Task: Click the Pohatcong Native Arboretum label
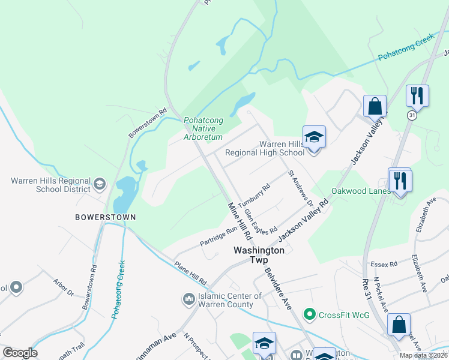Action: [x=203, y=128]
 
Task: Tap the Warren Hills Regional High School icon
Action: [x=313, y=137]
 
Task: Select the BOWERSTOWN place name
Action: [x=106, y=217]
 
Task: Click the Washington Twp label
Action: [x=259, y=250]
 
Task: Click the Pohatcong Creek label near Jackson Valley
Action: [x=405, y=49]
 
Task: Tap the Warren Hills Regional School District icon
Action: [x=100, y=183]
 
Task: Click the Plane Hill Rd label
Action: [x=190, y=272]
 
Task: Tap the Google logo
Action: [x=20, y=353]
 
